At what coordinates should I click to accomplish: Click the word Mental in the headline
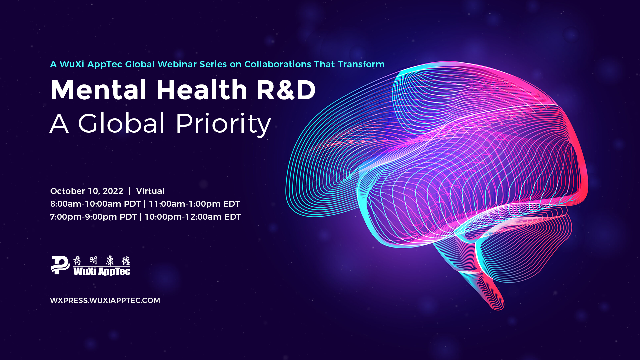(x=98, y=90)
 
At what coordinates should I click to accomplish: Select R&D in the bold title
(x=286, y=90)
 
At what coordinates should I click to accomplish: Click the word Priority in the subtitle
(x=223, y=124)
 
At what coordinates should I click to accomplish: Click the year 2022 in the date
(x=113, y=191)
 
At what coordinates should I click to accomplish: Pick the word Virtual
(x=150, y=191)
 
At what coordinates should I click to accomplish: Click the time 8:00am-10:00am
(x=86, y=204)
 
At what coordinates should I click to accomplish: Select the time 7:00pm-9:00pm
(x=83, y=217)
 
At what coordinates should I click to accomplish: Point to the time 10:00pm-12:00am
(x=183, y=217)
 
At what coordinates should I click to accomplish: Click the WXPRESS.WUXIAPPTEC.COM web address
(x=105, y=300)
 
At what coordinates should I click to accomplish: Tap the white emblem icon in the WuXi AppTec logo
(x=60, y=265)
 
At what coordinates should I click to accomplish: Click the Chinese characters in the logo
(x=102, y=260)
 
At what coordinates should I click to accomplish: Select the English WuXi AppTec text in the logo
(x=102, y=271)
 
